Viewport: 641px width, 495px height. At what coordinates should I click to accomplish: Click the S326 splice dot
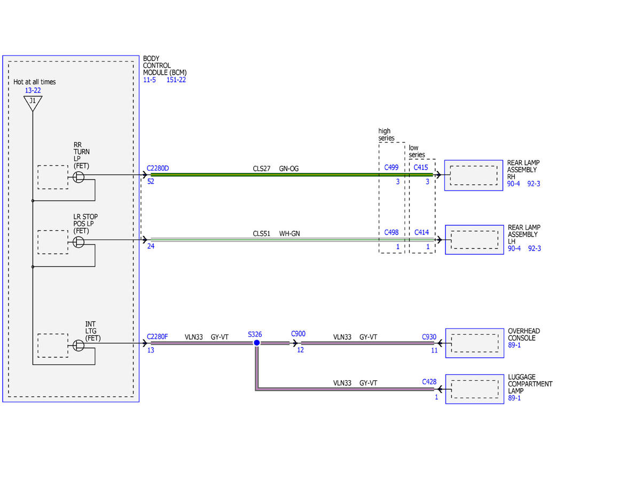point(256,343)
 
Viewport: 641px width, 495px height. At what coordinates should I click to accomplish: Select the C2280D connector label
point(158,168)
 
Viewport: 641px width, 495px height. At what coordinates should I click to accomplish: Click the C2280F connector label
point(157,337)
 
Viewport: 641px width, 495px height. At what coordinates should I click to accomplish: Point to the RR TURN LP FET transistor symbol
point(79,177)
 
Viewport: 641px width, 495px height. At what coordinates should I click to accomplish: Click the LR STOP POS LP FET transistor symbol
point(79,242)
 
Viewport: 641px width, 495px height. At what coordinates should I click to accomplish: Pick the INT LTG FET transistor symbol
point(79,345)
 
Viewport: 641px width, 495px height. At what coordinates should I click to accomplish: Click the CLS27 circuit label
point(261,169)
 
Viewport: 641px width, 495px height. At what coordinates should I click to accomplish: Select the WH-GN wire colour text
point(290,233)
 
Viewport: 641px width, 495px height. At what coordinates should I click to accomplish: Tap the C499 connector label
point(391,168)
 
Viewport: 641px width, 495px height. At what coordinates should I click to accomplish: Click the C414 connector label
point(421,232)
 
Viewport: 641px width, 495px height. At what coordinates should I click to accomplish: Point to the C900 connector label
point(298,334)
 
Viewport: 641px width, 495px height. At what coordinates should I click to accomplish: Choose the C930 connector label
point(429,337)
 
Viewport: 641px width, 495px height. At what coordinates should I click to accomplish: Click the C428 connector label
point(429,382)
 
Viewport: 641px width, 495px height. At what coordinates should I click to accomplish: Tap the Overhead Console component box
point(475,343)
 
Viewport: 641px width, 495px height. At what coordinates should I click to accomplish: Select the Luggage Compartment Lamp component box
point(475,389)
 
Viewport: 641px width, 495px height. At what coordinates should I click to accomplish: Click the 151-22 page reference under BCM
point(176,80)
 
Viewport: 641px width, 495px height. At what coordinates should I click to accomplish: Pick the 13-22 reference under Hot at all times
point(33,90)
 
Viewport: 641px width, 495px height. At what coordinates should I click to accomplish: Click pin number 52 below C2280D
point(151,182)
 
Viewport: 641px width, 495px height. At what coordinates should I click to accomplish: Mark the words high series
point(386,135)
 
